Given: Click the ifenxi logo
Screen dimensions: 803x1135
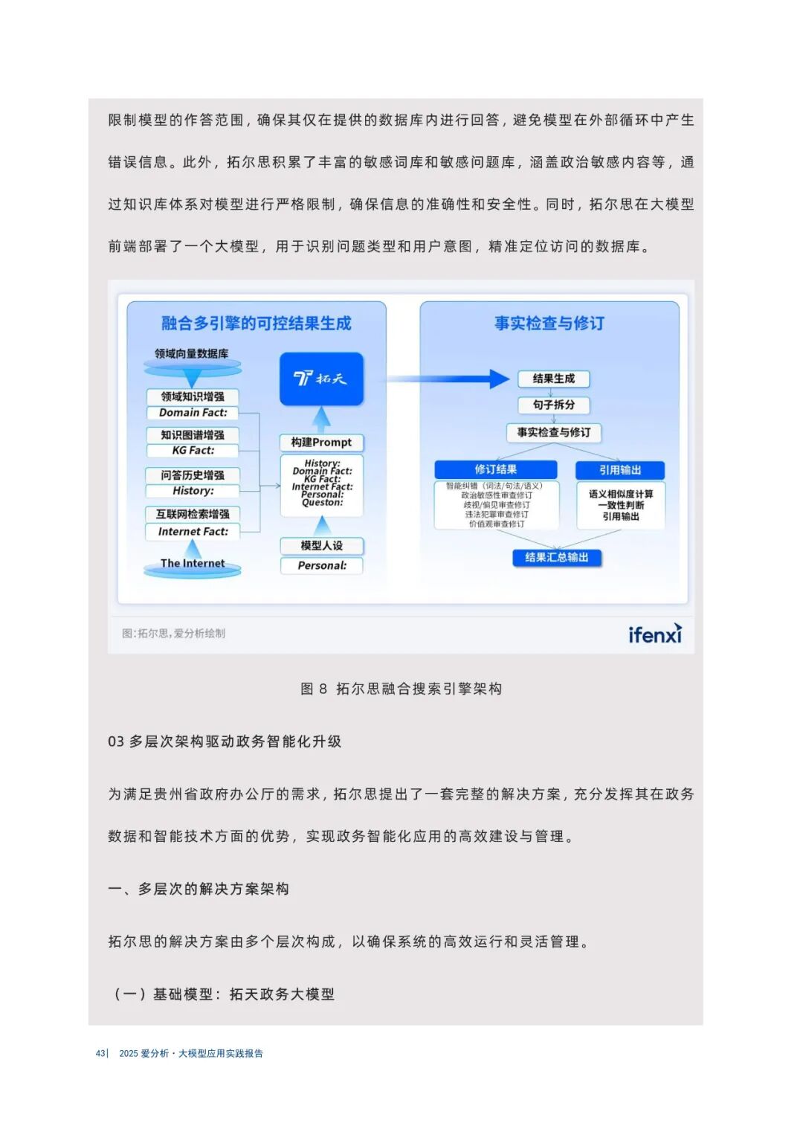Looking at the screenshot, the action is pos(654,634).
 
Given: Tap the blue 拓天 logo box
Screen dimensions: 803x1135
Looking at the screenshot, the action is pos(321,379).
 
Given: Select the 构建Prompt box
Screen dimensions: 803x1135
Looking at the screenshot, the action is pos(321,443).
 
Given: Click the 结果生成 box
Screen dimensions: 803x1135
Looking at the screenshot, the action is pos(553,379).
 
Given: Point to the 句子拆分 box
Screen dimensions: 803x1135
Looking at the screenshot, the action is pos(553,405).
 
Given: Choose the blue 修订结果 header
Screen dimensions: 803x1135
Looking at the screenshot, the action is pos(495,469).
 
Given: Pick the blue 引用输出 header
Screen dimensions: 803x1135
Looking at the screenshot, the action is pos(619,470).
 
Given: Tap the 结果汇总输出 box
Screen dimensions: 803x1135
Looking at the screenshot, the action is pos(556,558).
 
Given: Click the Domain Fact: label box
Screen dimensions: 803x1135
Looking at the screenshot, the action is pos(193,413).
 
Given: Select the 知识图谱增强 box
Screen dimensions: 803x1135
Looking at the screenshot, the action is pos(193,434).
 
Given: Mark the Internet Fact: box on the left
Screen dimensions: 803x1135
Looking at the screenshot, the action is pos(193,532).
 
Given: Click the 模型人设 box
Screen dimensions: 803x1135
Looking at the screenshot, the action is pos(321,545).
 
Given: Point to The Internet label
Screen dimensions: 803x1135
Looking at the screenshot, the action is pos(192,564).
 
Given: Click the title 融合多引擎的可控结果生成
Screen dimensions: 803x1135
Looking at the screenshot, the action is pos(256,324).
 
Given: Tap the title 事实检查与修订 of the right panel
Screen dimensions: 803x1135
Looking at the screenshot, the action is pos(549,324).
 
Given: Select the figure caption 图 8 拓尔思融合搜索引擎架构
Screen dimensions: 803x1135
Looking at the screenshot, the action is pos(401,689).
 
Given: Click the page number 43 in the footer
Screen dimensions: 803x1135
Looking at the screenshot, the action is pos(100,1053).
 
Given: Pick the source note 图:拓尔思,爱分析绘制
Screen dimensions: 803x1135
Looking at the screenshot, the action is pos(173,634).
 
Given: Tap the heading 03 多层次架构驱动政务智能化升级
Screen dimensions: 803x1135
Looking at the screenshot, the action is pos(225,742).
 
